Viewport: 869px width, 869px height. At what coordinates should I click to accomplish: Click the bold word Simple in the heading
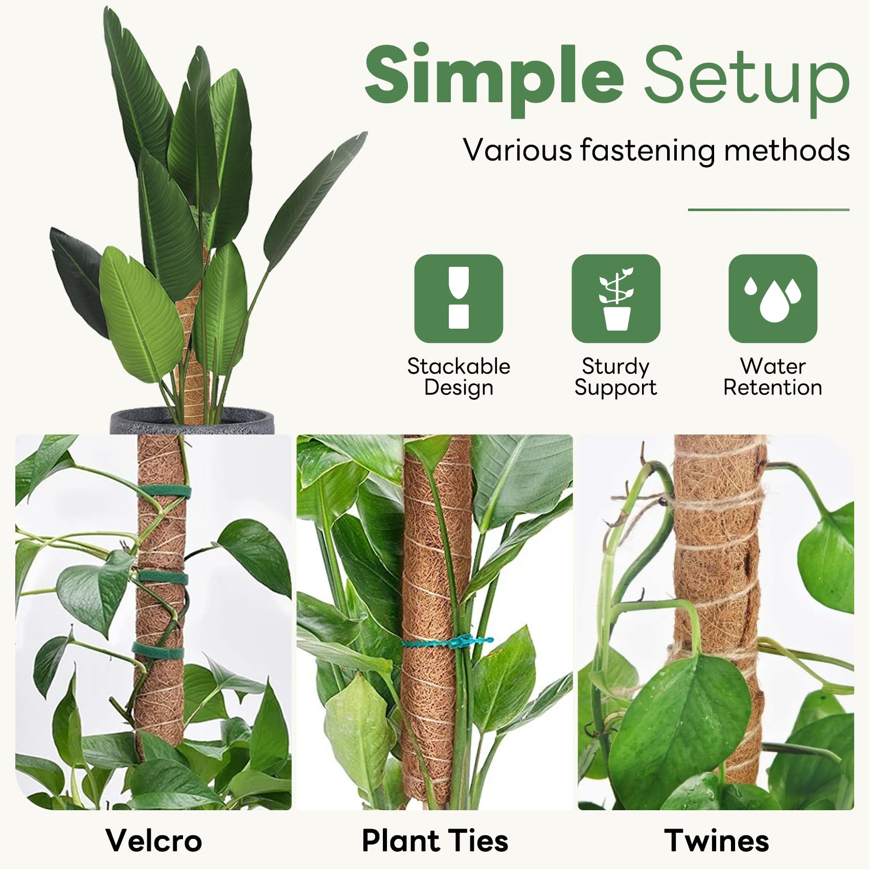(x=494, y=79)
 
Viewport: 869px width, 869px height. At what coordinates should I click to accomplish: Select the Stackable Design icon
(x=459, y=298)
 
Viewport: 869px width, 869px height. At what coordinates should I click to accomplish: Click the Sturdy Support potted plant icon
(x=616, y=298)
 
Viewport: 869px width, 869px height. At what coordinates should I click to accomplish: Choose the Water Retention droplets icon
(x=773, y=298)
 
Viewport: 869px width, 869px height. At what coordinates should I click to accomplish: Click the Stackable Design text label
(x=459, y=377)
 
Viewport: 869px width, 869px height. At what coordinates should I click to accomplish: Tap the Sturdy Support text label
(x=616, y=377)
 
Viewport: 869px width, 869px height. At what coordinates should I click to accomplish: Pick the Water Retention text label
(x=773, y=377)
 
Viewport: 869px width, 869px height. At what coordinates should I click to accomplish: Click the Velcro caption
(x=154, y=840)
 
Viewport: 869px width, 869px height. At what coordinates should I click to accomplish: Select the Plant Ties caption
(x=435, y=840)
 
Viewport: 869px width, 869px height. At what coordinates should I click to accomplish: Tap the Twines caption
(x=717, y=840)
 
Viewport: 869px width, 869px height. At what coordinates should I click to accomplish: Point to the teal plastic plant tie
(x=448, y=642)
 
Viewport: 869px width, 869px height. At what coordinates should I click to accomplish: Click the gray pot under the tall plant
(x=192, y=421)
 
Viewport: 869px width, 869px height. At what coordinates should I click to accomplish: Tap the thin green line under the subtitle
(x=768, y=210)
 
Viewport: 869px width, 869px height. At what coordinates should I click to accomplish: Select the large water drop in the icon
(x=774, y=303)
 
